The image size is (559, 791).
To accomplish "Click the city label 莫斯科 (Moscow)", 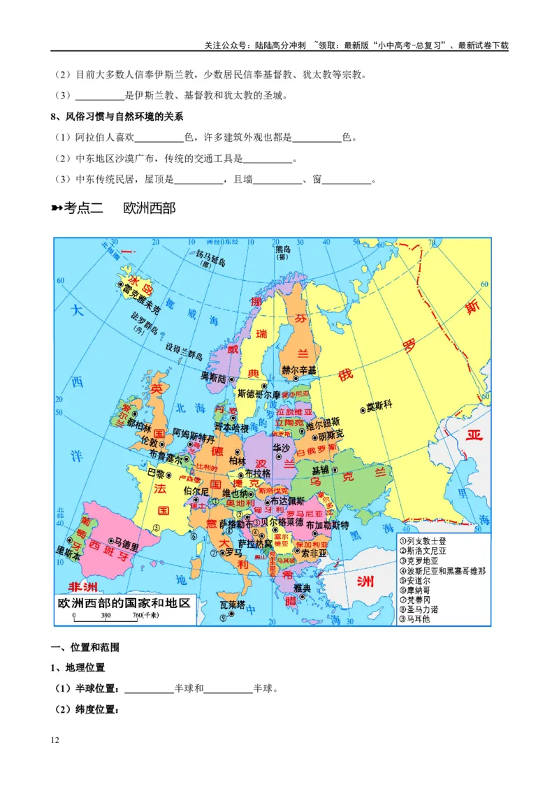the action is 379,406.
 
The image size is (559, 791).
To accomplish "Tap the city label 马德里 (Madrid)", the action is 127,542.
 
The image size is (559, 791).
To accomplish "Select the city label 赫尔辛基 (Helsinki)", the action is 298,370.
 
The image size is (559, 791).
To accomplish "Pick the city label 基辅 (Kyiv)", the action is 321,470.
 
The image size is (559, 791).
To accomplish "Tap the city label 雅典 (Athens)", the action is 302,588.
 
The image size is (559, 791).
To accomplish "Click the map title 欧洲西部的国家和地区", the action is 124,603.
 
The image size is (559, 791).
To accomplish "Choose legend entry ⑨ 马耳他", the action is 417,619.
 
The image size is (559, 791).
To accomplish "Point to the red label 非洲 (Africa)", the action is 82,586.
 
